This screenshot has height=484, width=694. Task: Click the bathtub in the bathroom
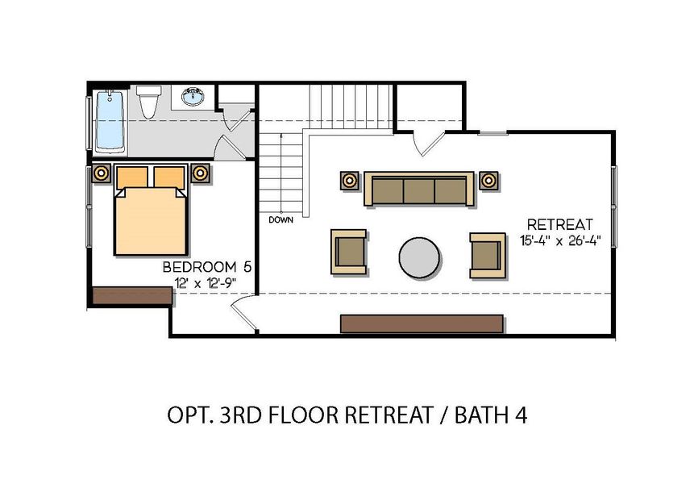pyautogui.click(x=110, y=122)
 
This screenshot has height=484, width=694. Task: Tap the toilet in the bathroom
pyautogui.click(x=148, y=102)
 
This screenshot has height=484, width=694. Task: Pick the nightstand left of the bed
pyautogui.click(x=102, y=173)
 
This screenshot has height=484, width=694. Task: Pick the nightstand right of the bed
pyautogui.click(x=200, y=173)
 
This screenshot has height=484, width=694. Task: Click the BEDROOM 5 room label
pyautogui.click(x=200, y=267)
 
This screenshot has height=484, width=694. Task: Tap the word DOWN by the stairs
pyautogui.click(x=281, y=219)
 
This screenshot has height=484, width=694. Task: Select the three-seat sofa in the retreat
pyautogui.click(x=418, y=190)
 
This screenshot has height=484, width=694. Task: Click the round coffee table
pyautogui.click(x=419, y=257)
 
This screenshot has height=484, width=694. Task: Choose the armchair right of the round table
pyautogui.click(x=488, y=254)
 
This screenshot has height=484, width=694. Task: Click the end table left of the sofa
pyautogui.click(x=349, y=180)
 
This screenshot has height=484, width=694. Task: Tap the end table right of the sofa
pyautogui.click(x=488, y=180)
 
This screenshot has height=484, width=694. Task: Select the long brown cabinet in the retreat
pyautogui.click(x=422, y=323)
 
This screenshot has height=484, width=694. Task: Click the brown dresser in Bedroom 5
pyautogui.click(x=131, y=295)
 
